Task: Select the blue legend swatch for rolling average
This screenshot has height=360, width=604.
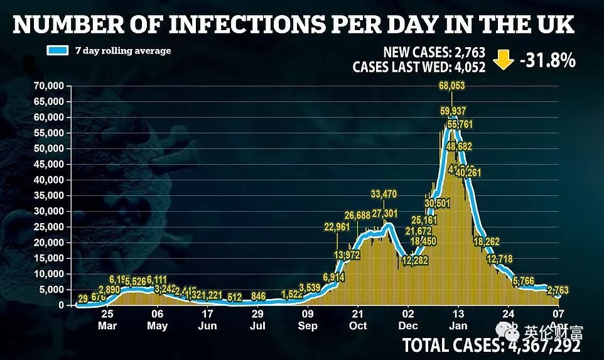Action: tap(58, 51)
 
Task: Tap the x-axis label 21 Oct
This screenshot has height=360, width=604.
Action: tap(357, 320)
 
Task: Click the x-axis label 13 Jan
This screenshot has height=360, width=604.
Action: tap(458, 320)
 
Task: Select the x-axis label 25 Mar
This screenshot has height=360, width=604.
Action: tap(107, 320)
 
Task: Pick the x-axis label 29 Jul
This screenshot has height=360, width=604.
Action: tap(257, 320)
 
